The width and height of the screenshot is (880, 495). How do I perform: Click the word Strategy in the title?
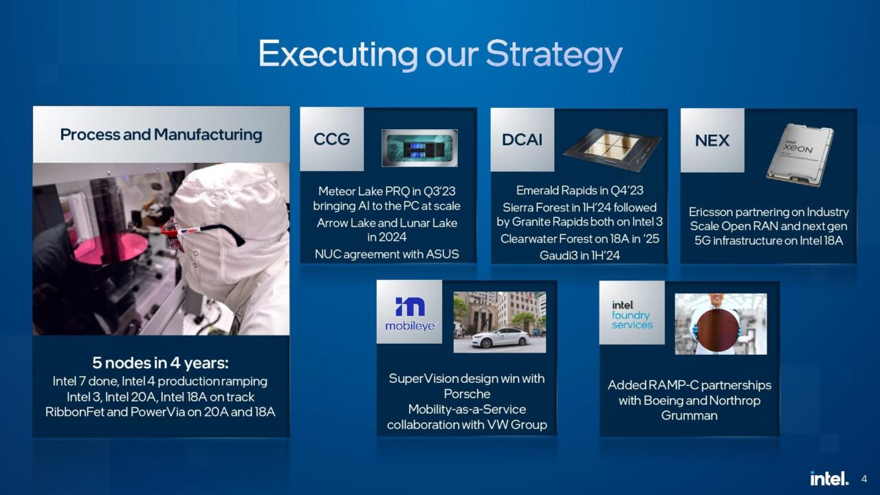pos(554,55)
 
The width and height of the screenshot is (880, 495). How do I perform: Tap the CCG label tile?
pos(331,139)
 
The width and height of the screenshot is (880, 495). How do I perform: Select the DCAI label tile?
pos(522,140)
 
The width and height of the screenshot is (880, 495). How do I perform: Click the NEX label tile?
pos(712,140)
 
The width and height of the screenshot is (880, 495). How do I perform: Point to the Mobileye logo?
pos(409,312)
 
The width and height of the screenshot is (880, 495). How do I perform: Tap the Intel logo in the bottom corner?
pos(829,478)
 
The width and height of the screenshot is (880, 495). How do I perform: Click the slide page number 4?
pos(864,479)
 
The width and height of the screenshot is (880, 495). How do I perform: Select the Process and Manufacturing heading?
pos(161,134)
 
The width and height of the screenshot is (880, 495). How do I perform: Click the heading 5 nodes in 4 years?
pos(160,362)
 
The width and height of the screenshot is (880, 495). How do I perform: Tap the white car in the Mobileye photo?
pos(500,337)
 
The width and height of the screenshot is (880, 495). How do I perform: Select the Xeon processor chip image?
pos(800,155)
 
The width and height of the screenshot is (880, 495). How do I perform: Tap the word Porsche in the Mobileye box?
pos(467,394)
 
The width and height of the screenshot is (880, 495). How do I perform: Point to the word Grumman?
pos(689,415)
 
